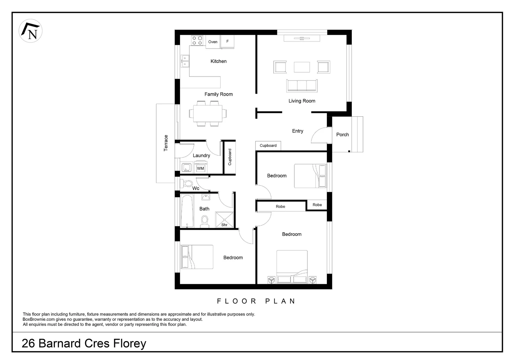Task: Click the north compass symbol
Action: pyautogui.click(x=30, y=31)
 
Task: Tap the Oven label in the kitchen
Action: pyautogui.click(x=213, y=42)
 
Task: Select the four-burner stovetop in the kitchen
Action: pyautogui.click(x=197, y=41)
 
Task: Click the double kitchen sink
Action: pyautogui.click(x=185, y=61)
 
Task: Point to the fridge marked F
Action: pyautogui.click(x=228, y=42)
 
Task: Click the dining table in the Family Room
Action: pyautogui.click(x=208, y=114)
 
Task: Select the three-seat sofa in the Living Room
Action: pyautogui.click(x=302, y=86)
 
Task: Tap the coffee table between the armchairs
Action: pyautogui.click(x=302, y=67)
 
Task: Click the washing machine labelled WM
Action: pyautogui.click(x=201, y=168)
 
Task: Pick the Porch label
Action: pyautogui.click(x=342, y=134)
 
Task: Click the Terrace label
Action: pyautogui.click(x=166, y=143)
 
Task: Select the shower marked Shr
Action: pyautogui.click(x=224, y=220)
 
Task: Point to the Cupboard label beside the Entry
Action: pyautogui.click(x=268, y=146)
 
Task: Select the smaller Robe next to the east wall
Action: pyautogui.click(x=317, y=205)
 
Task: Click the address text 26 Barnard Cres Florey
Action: pyautogui.click(x=84, y=343)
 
